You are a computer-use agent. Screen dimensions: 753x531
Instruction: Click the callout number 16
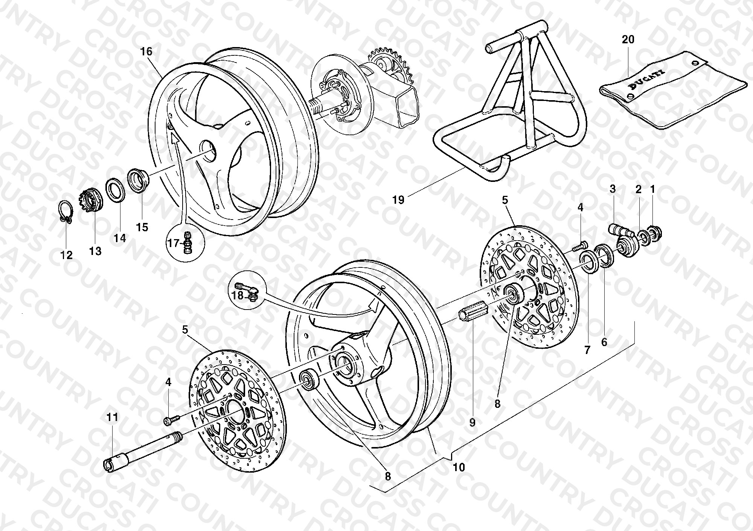point(146,52)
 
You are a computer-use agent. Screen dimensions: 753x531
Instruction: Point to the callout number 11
point(112,417)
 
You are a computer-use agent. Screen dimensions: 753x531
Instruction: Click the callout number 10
point(459,467)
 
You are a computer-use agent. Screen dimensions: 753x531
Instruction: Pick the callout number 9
point(472,423)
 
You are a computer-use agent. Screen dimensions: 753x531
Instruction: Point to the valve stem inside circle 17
point(187,243)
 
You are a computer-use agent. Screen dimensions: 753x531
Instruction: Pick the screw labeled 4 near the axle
point(172,420)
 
